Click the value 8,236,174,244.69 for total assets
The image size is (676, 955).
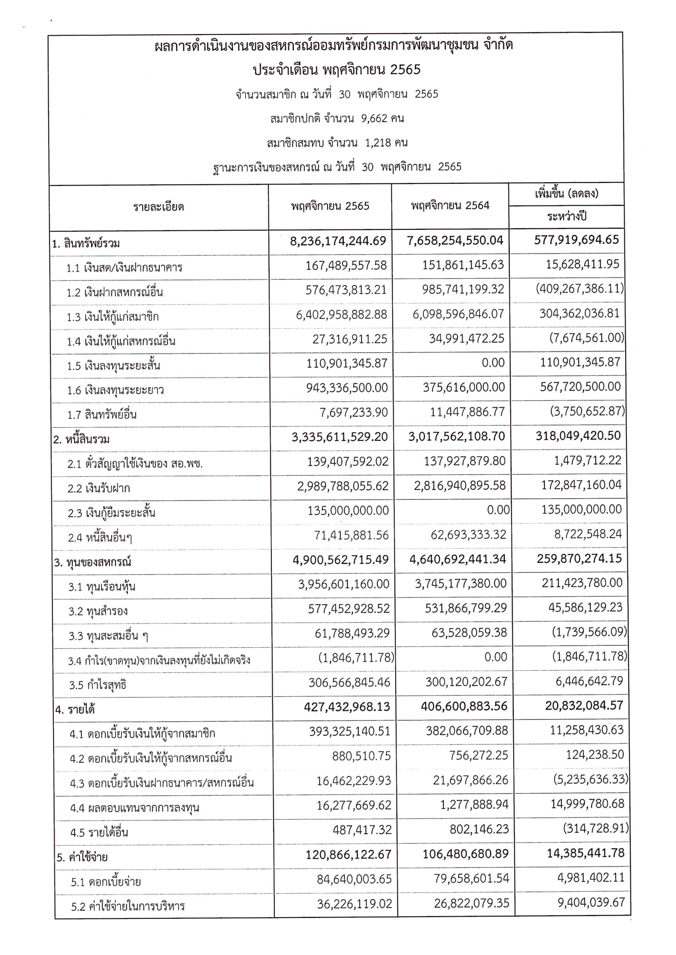click(x=338, y=241)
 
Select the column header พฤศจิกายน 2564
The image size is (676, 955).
click(x=450, y=206)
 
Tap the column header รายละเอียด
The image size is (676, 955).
click(x=158, y=207)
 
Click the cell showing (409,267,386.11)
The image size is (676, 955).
click(x=579, y=289)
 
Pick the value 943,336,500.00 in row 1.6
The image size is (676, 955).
click(x=347, y=388)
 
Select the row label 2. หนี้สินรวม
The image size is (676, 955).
click(x=81, y=439)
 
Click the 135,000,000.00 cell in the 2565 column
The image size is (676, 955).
click(x=348, y=510)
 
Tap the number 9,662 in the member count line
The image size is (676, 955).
click(x=374, y=118)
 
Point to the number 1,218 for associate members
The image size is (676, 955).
click(x=378, y=143)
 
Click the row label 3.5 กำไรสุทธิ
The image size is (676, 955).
click(x=98, y=685)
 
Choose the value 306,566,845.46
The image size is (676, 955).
click(x=349, y=683)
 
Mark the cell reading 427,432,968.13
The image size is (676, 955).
click(x=347, y=707)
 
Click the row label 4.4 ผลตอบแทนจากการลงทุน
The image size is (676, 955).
click(x=135, y=808)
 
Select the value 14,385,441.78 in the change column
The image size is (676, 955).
click(x=585, y=853)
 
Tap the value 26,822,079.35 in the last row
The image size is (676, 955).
click(x=472, y=903)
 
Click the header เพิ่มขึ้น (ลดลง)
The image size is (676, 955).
click(x=567, y=194)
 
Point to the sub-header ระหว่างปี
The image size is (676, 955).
click(x=567, y=217)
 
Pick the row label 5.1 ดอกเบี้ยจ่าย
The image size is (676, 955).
click(x=106, y=881)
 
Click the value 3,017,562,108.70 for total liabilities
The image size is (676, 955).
click(x=457, y=436)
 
